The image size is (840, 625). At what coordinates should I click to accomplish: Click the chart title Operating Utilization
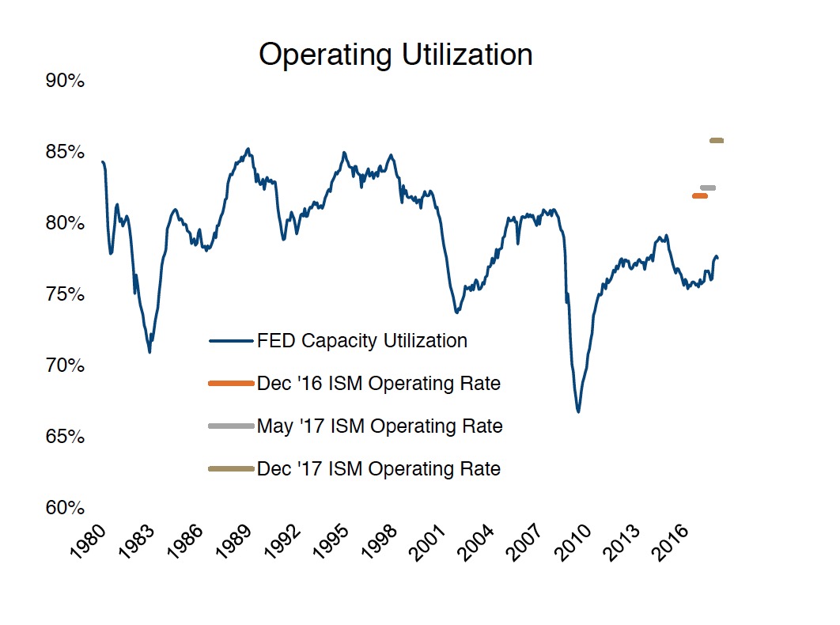pos(395,55)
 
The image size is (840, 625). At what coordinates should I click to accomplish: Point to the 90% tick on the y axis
pos(64,81)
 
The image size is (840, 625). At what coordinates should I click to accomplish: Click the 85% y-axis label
pos(64,152)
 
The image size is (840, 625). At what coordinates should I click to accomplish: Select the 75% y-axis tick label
pos(64,294)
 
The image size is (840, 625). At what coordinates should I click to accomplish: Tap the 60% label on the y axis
pos(64,508)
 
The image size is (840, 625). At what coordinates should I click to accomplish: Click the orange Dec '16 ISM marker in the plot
pos(700,196)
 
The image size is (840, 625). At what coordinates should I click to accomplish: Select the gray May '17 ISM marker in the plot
pos(708,187)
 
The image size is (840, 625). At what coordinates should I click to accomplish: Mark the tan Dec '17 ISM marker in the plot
pos(717,141)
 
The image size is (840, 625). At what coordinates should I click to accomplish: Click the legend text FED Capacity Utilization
pos(361,341)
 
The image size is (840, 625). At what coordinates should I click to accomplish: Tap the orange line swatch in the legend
pos(231,384)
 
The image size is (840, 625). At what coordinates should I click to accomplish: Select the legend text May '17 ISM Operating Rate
pos(380,426)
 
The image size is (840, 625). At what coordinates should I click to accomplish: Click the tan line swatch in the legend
pos(231,469)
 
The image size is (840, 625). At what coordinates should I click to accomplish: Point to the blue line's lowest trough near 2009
pos(578,411)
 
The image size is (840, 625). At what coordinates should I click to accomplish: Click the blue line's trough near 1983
pos(149,351)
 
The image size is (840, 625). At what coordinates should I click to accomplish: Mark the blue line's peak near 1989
pos(248,149)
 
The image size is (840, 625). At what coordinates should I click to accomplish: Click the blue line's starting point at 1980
pos(102,161)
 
